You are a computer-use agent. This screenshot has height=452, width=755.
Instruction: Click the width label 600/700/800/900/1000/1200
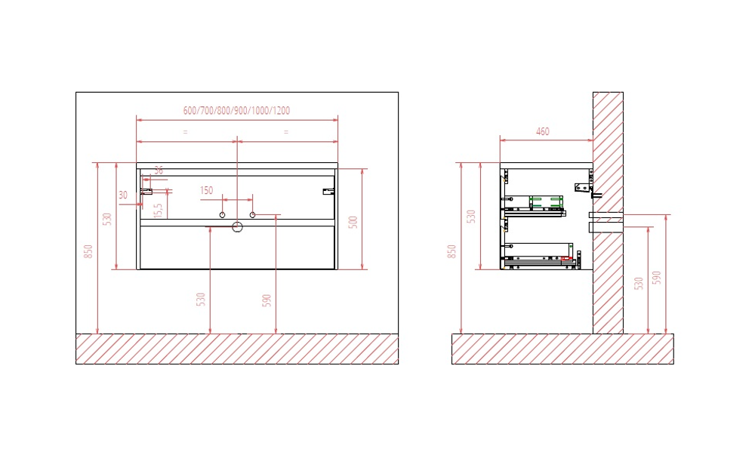point(236,111)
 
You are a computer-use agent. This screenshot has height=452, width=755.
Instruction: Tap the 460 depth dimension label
point(543,131)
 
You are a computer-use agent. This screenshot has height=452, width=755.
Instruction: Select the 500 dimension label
point(353,223)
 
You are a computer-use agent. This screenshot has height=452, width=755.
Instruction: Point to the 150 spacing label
point(207,191)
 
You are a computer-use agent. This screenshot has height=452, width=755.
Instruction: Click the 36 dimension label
point(159,171)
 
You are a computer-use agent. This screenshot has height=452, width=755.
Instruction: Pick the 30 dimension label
point(123,195)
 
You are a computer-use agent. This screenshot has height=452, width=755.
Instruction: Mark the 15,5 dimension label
point(159,210)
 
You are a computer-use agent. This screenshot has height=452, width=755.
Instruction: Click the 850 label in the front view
point(88,251)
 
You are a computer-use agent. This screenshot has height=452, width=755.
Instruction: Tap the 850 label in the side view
point(451,251)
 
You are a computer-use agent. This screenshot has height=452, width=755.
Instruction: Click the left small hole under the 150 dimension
point(222,215)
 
